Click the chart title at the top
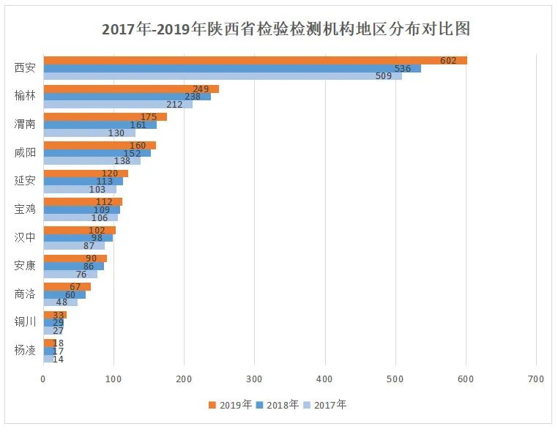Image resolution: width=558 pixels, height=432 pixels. [x=286, y=29]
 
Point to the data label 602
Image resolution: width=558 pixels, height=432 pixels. [x=448, y=60]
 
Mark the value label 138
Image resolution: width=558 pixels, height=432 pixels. [x=122, y=160]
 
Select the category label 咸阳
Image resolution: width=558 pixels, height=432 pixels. [x=25, y=152]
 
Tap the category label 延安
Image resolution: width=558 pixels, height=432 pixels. [x=25, y=180]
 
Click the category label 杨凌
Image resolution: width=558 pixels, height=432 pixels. [x=25, y=350]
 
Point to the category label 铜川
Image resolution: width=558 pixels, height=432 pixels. [x=25, y=321]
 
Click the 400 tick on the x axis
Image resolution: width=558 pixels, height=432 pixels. [x=324, y=379]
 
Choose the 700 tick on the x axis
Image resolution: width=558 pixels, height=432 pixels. [x=535, y=379]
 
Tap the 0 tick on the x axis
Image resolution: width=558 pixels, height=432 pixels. [x=43, y=379]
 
